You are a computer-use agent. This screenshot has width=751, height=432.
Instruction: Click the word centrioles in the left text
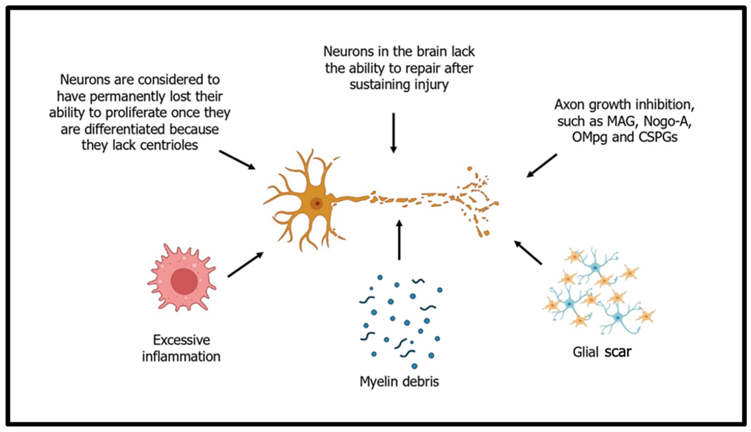(x=169, y=145)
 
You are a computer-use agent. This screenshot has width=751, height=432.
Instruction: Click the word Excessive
(x=181, y=340)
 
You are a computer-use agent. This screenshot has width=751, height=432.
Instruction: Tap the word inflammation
(x=181, y=356)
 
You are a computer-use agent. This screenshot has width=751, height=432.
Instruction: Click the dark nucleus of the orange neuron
(x=317, y=204)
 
